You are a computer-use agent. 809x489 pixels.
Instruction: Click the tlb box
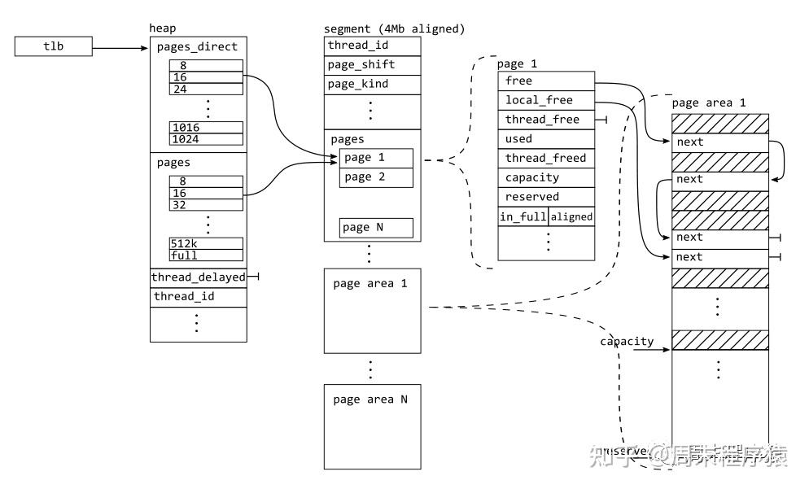coord(53,47)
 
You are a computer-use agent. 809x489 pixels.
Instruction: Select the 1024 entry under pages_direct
coord(206,139)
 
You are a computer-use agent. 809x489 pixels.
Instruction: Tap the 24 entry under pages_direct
coord(206,89)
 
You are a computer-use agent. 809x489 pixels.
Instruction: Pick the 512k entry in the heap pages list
coord(206,243)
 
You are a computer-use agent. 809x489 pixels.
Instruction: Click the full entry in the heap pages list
coord(206,255)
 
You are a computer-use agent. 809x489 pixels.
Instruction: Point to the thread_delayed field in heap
coord(198,277)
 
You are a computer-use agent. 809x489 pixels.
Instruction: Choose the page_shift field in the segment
coord(373,65)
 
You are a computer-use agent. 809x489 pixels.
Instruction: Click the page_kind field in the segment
coord(373,85)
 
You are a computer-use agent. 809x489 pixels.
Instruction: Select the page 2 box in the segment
coord(376,177)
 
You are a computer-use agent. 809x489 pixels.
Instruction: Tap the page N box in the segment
coord(376,228)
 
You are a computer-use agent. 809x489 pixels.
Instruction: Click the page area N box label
coord(370,399)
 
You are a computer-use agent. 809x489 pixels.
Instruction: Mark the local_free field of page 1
coord(546,100)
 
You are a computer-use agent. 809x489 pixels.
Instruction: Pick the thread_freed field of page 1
coord(546,158)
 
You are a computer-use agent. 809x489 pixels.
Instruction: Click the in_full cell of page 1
coord(523,217)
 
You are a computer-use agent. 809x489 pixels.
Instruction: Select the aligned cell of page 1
coord(571,217)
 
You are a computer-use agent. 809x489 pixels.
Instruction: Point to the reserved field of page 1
coord(546,197)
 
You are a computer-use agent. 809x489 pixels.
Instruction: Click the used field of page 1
coord(546,138)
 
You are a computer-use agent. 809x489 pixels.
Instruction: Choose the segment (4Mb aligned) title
coord(394,28)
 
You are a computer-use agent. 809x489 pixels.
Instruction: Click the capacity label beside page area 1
coord(627,341)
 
